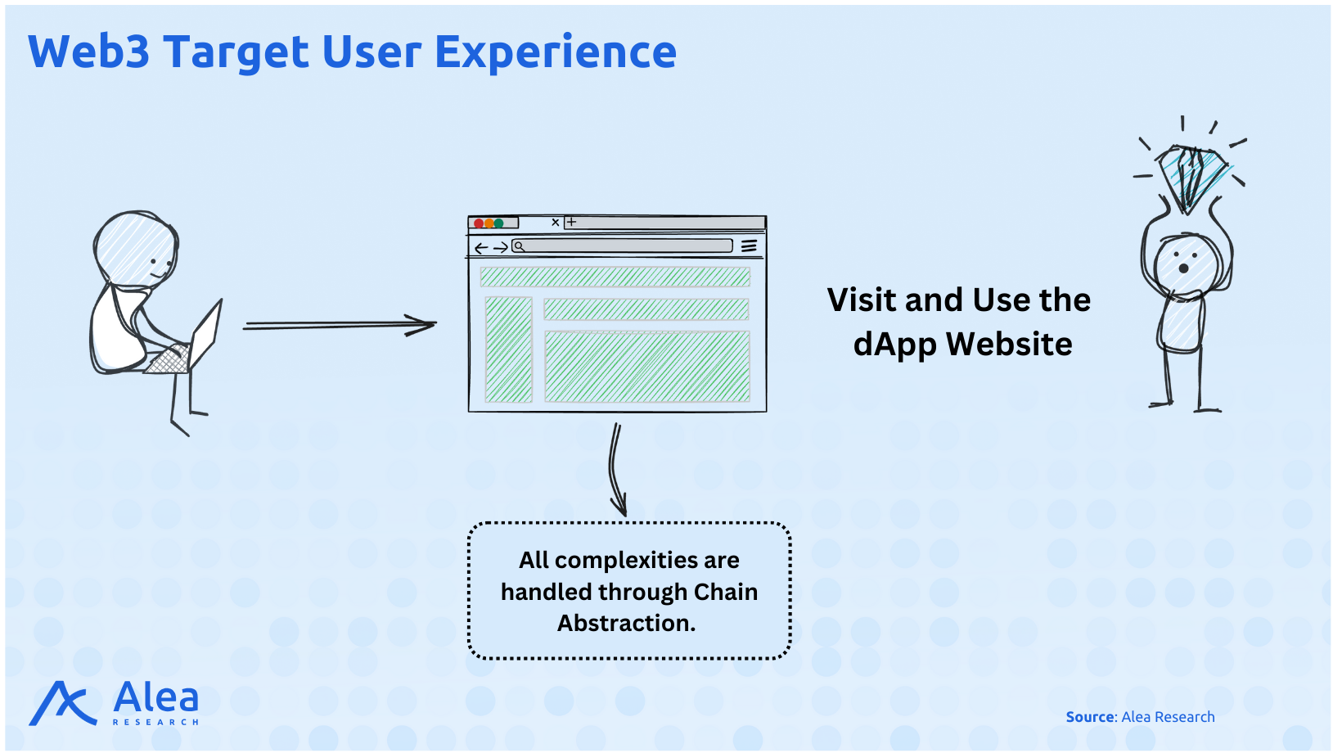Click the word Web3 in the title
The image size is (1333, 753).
88,52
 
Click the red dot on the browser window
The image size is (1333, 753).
479,223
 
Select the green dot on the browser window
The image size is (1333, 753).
498,223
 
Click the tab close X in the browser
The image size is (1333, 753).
556,222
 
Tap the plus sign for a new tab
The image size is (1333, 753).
571,222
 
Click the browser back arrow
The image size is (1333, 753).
481,248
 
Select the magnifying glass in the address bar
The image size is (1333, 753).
519,246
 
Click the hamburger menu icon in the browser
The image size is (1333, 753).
749,246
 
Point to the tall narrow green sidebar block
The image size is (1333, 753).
508,350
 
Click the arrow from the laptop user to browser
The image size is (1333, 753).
340,325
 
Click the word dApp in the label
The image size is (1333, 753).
894,345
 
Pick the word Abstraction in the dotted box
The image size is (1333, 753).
626,623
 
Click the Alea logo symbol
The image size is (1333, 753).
62,704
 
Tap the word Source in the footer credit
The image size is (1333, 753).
1090,717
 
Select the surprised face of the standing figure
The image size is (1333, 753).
1184,263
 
